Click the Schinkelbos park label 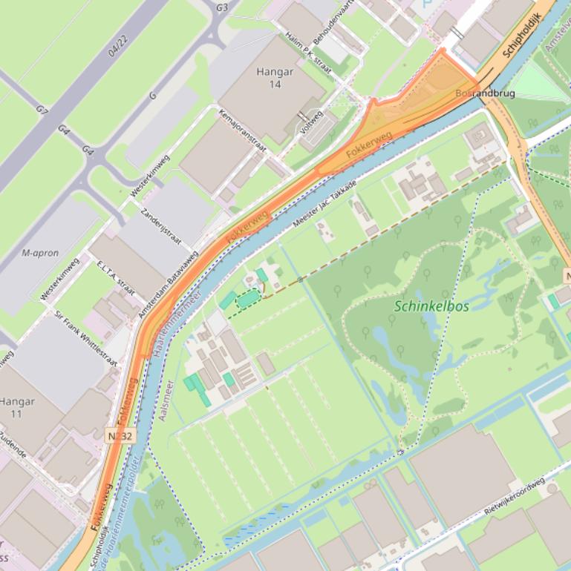[431, 306]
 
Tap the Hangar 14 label [275, 79]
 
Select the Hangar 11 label [16, 407]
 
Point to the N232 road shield [120, 436]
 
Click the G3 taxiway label [221, 7]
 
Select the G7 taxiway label [42, 109]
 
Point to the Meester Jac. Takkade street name [325, 202]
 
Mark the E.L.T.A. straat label [115, 277]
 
